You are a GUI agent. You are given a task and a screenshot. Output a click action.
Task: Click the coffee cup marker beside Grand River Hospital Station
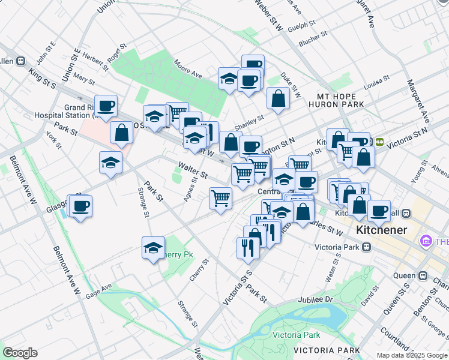click(106, 106)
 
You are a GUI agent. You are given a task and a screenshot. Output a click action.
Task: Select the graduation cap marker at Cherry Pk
click(153, 247)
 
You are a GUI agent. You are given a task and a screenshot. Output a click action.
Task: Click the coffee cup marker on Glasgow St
click(80, 207)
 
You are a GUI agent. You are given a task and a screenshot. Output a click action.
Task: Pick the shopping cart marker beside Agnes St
click(221, 198)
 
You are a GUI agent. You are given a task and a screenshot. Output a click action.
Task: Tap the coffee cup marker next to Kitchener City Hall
click(379, 211)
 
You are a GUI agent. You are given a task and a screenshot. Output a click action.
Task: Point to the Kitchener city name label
click(381, 230)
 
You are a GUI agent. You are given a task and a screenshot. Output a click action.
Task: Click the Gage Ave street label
click(98, 292)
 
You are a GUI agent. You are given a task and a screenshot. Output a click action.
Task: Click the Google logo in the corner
click(20, 353)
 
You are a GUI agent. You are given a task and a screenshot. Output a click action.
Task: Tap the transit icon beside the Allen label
click(20, 61)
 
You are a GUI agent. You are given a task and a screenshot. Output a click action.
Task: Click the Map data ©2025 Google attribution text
click(412, 355)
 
